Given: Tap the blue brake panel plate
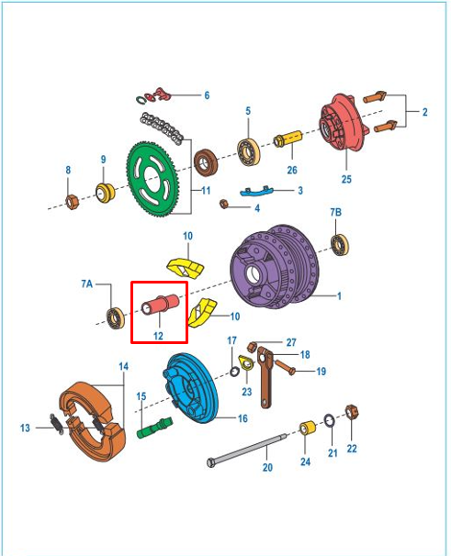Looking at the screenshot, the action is [x=189, y=388].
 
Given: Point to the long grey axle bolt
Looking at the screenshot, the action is [x=247, y=449].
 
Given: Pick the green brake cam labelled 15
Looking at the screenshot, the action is [x=154, y=428].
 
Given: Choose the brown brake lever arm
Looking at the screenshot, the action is [x=265, y=377].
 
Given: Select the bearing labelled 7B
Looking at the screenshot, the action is [x=340, y=245].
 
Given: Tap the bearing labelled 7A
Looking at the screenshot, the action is [x=116, y=318].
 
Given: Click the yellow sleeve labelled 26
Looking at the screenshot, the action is [x=288, y=139].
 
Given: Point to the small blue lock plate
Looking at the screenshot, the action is [x=256, y=192].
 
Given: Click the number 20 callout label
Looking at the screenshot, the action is [x=267, y=467].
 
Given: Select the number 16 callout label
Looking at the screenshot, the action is [x=242, y=418].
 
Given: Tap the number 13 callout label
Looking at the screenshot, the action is [x=25, y=428].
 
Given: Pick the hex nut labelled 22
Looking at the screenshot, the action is [x=352, y=412].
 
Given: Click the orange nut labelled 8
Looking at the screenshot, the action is [x=73, y=202].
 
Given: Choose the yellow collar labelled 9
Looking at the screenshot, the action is [x=106, y=193].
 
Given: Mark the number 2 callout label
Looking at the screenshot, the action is [x=424, y=112].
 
